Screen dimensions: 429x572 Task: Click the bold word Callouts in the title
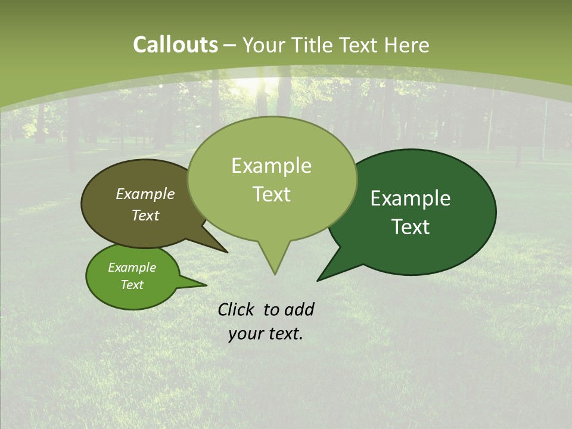[175, 45]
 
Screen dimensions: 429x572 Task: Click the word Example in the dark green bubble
[411, 198]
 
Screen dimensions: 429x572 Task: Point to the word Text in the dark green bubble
[411, 227]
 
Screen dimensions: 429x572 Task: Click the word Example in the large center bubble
[271, 166]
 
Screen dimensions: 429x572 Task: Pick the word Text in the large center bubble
[271, 194]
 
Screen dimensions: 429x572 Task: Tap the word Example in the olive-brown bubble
[145, 194]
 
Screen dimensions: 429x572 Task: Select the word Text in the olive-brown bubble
[145, 215]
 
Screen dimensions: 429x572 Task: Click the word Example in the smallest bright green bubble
[132, 268]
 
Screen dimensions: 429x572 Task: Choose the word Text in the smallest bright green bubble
[132, 285]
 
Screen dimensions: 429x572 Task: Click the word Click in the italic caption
[237, 310]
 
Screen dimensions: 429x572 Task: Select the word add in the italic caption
[299, 310]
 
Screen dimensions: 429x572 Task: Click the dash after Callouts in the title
[231, 45]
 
